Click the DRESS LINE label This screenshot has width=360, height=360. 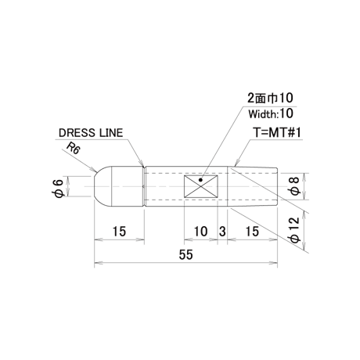click(91, 133)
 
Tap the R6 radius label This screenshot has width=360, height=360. click(73, 149)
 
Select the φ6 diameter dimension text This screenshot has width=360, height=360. click(59, 186)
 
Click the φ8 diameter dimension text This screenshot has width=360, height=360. click(294, 186)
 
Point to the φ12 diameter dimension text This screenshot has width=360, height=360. click(295, 229)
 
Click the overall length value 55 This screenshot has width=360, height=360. click(186, 254)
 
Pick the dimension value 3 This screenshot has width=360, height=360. click(222, 232)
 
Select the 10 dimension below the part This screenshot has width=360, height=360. click(201, 232)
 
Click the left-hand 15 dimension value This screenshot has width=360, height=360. click(119, 232)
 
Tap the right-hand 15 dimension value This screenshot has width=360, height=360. click(252, 232)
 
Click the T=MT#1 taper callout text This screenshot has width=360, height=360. click(278, 132)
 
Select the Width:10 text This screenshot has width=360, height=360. click(271, 113)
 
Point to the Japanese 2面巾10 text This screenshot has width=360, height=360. click(270, 98)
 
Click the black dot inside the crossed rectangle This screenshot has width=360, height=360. click(200, 179)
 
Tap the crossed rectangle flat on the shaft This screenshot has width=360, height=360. click(201, 186)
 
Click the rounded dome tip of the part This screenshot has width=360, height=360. click(103, 186)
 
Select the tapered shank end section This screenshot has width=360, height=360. click(252, 186)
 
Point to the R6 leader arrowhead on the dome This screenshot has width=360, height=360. click(94, 170)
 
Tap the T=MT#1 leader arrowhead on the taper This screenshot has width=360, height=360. click(236, 164)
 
